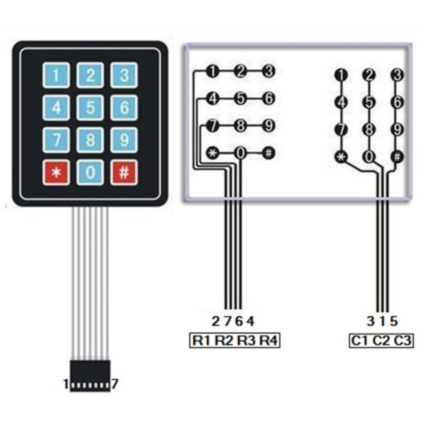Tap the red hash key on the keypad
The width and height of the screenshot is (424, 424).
tap(124, 173)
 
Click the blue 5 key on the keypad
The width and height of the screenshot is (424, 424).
tap(90, 108)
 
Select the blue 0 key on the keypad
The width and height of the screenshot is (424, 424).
tap(90, 173)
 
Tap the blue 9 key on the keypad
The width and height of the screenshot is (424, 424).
tap(124, 140)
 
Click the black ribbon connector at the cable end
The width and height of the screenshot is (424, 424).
tap(90, 375)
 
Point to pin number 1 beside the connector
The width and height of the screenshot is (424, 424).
tap(65, 385)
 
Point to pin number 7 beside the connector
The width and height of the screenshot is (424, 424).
tap(114, 385)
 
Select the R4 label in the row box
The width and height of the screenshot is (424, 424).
tap(269, 341)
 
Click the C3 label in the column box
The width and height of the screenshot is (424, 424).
tap(403, 341)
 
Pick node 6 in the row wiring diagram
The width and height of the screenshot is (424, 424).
tap(269, 98)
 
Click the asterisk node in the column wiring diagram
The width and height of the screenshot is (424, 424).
tap(340, 156)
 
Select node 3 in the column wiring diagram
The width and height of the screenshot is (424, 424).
tap(397, 75)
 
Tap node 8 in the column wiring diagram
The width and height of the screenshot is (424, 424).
tap(369, 129)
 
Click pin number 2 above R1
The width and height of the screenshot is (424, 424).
tap(216, 321)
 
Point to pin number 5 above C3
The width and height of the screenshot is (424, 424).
tap(394, 321)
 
